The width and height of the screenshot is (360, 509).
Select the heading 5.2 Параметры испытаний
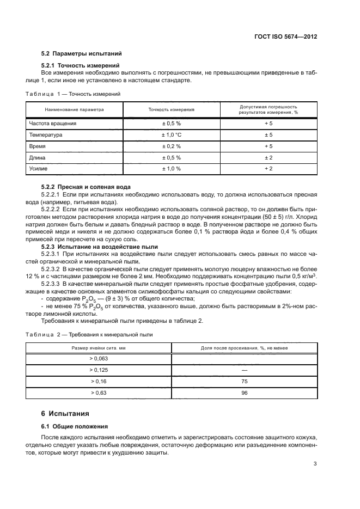81,54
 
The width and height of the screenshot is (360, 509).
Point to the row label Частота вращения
53,124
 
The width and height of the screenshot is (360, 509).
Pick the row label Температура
46,135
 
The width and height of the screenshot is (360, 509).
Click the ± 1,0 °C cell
171,135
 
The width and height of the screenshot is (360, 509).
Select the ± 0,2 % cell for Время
171,146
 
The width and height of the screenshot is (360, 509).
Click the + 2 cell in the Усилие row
268,169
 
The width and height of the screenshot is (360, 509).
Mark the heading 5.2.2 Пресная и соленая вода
86,187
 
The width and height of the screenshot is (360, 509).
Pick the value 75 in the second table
244,382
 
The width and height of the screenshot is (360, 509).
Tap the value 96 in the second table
244,393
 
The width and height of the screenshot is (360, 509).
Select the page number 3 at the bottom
315,464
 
